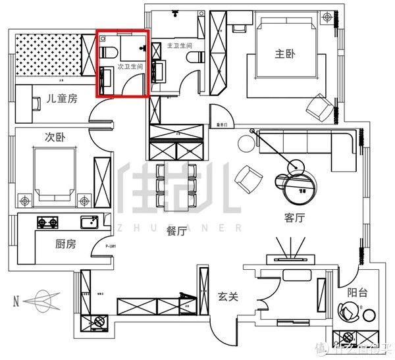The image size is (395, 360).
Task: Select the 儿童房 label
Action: [61, 99]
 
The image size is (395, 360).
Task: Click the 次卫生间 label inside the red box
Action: [130, 67]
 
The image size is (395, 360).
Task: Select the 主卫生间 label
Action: [180, 46]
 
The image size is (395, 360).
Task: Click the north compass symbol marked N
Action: [41, 301]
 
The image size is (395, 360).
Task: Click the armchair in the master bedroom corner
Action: [321, 107]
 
